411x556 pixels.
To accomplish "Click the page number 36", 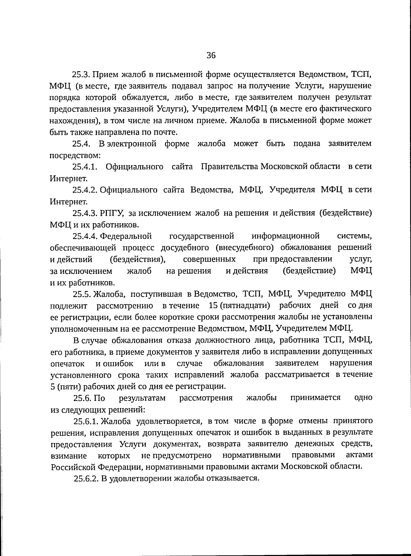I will pyautogui.click(x=211, y=55).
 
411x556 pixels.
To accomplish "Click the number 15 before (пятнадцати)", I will pyautogui.click(x=213, y=305).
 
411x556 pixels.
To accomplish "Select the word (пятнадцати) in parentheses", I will pyautogui.click(x=245, y=305).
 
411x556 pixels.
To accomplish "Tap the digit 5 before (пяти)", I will pyautogui.click(x=53, y=387).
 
